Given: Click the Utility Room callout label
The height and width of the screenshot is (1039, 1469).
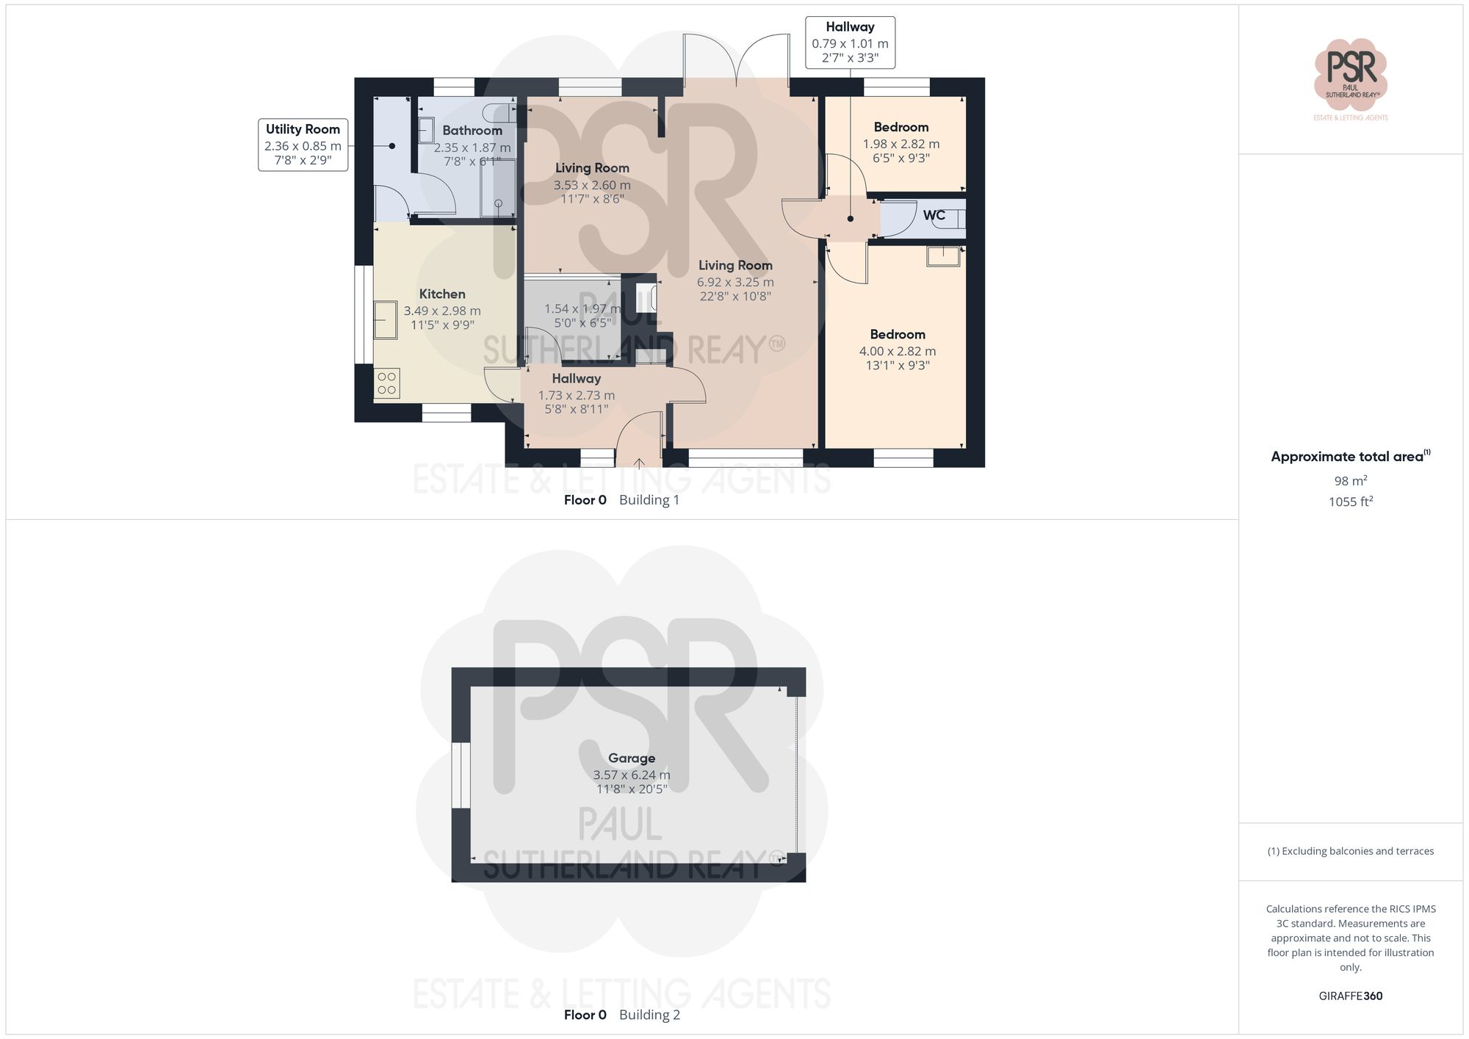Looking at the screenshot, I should coord(303,129).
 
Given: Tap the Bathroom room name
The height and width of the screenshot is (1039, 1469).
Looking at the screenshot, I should coord(472,131).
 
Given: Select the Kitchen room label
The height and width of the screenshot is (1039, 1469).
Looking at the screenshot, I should coord(441,294).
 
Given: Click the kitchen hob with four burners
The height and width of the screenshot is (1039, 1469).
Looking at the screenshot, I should coord(386,383).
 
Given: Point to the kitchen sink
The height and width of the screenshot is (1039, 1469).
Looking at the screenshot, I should coord(385,320).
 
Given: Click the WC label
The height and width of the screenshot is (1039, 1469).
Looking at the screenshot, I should coord(934,215).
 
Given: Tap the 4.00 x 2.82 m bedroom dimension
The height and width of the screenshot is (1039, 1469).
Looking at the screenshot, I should coord(898,351).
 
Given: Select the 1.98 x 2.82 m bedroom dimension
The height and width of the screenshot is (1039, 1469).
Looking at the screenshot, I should coord(900,144).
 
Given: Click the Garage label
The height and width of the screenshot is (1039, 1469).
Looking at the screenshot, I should coord(631,758).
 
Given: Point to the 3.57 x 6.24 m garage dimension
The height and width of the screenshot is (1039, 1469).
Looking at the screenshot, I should coord(631,775).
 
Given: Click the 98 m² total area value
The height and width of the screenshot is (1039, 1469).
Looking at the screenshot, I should coord(1350,481).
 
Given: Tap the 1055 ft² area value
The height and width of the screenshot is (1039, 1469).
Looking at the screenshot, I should coord(1350,502).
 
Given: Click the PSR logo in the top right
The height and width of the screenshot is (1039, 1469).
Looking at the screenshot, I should coord(1350,73).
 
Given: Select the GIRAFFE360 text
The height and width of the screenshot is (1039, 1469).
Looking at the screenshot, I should coord(1350,996).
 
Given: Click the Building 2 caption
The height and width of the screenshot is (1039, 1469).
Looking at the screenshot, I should coord(649,1015).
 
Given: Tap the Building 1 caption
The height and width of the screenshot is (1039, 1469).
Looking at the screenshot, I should coord(649,500).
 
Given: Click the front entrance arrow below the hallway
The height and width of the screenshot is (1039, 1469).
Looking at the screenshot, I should coord(639,463).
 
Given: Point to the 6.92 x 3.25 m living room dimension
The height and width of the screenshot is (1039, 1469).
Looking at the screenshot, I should coord(734,282).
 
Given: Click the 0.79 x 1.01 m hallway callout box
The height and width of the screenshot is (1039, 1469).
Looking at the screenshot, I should coord(850,43).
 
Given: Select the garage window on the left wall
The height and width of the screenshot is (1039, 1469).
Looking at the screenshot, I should coord(461,775).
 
